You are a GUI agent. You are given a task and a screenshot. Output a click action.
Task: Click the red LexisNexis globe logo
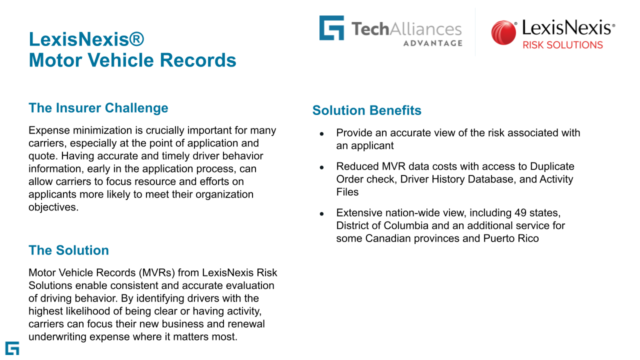tap(503, 32)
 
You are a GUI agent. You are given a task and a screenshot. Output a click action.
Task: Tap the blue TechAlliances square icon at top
tap(331, 27)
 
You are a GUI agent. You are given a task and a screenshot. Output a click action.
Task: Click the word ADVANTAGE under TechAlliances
tap(433, 43)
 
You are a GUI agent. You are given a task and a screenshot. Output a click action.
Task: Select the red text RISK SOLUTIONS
tap(562, 45)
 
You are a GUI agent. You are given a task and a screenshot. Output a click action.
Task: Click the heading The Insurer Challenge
tap(98, 108)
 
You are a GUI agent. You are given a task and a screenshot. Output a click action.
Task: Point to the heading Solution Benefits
tap(367, 110)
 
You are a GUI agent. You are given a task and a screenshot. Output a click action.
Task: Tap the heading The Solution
tap(68, 250)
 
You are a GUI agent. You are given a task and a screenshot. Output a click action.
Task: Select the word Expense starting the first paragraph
tap(49, 130)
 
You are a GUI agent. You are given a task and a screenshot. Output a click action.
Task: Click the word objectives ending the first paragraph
tap(53, 207)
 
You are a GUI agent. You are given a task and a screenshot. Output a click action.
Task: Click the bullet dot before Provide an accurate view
tap(321, 133)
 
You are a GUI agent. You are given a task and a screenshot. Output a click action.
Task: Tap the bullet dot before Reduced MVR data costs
tap(321, 167)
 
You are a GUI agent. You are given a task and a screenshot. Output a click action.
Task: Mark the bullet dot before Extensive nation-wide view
tap(321, 213)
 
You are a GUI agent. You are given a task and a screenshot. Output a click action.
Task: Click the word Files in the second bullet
tap(347, 192)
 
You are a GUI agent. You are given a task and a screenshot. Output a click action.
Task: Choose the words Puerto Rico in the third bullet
tap(511, 238)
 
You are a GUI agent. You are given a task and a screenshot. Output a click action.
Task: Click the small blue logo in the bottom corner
tap(12, 348)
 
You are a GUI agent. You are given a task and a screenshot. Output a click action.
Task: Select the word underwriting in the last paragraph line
tap(57, 337)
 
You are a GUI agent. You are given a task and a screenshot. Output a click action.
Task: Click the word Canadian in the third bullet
tap(387, 238)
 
